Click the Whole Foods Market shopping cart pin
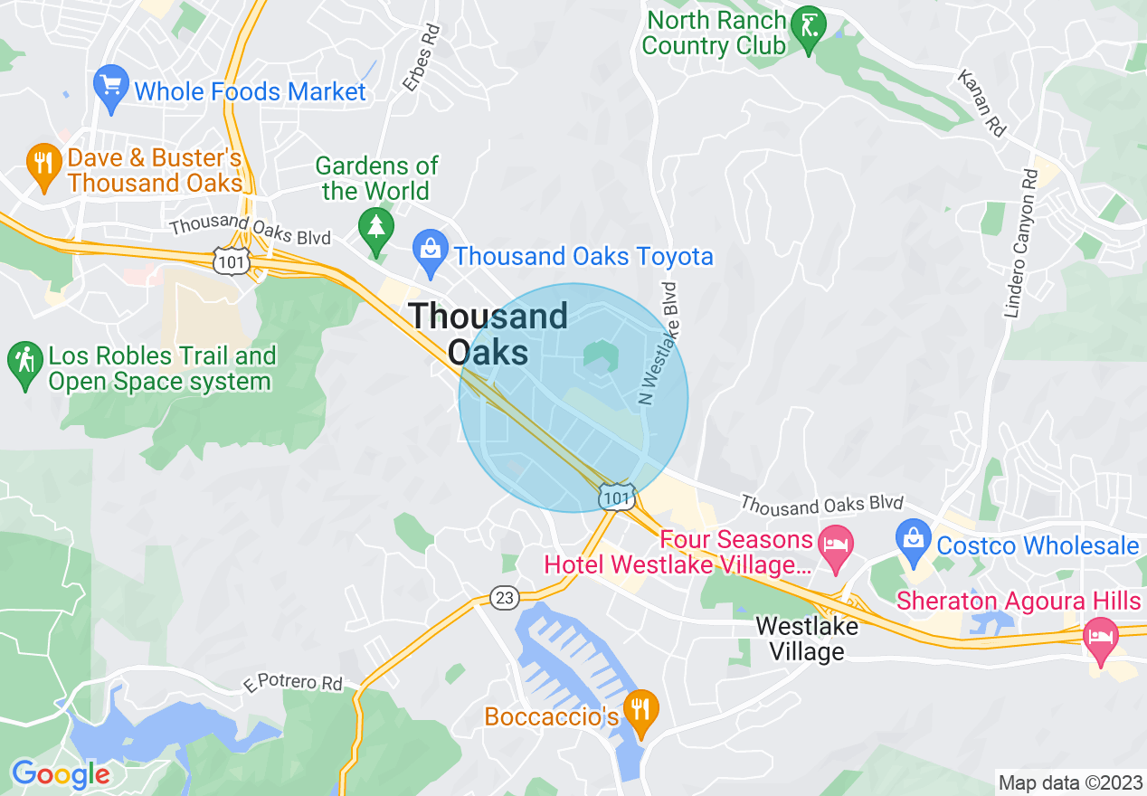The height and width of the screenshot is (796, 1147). click(x=111, y=88)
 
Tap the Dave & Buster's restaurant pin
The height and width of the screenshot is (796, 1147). click(x=43, y=166)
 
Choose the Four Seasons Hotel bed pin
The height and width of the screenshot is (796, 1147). click(x=835, y=547)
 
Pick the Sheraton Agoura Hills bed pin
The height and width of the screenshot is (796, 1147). click(x=1101, y=640)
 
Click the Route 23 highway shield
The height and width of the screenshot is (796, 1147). click(x=504, y=597)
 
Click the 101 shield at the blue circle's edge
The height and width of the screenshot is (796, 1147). click(x=617, y=497)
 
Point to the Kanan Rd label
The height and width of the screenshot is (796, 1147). click(x=981, y=104)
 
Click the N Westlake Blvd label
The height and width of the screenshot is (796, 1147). click(x=659, y=345)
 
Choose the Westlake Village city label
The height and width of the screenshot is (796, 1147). click(x=801, y=638)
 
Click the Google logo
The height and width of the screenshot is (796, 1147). click(x=61, y=774)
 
